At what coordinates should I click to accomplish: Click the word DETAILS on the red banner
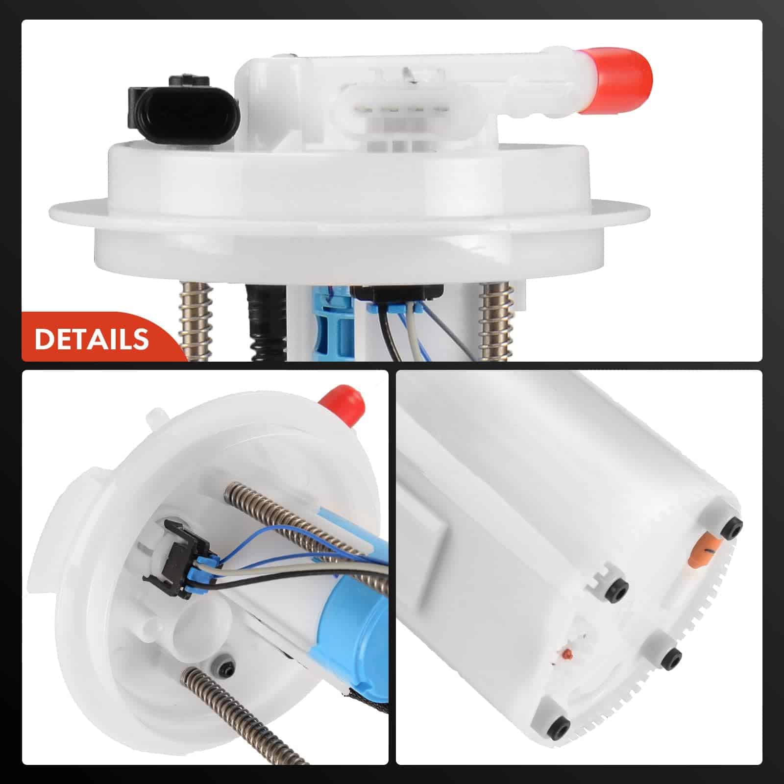tap(92, 339)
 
